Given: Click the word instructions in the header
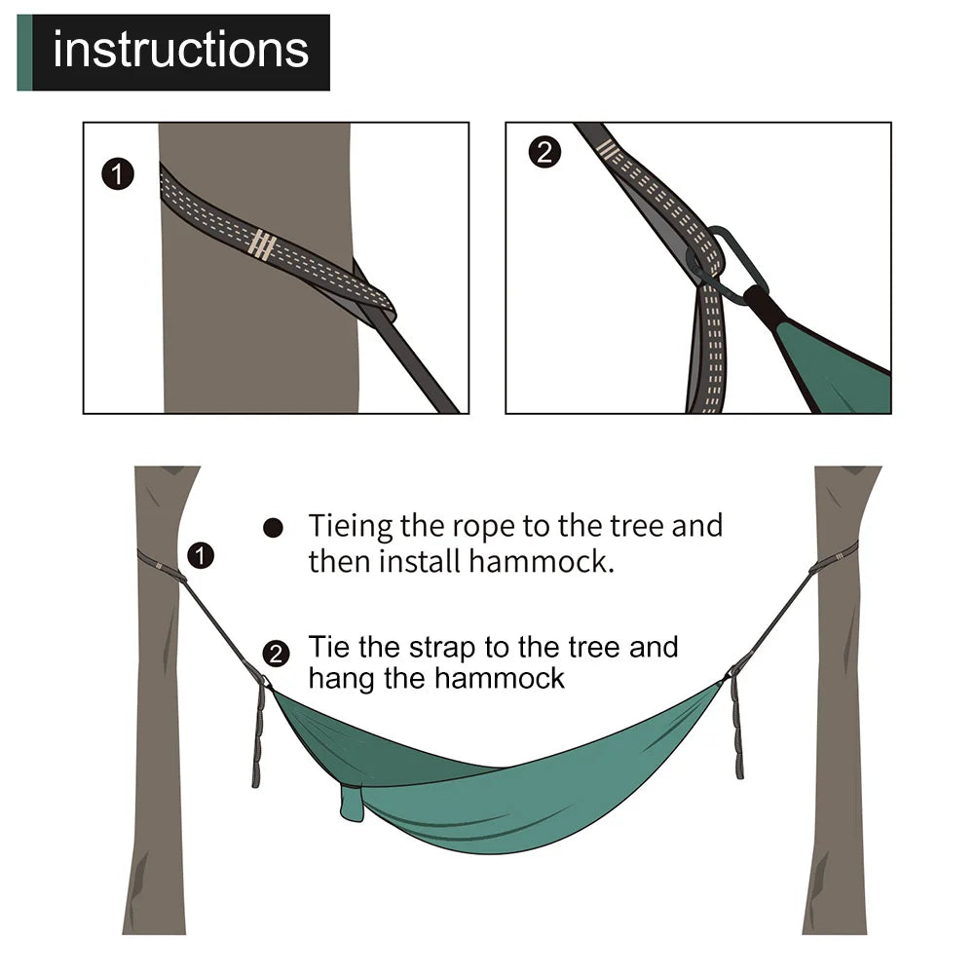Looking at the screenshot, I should pos(180,51).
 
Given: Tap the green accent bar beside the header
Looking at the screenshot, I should pos(24,53).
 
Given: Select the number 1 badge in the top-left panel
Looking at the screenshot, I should pos(118,175).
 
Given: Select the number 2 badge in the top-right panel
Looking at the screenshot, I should pos(544,153).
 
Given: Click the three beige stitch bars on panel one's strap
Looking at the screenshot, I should pos(261,244).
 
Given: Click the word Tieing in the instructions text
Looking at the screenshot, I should pos(351,527).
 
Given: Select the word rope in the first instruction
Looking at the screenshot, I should pos(483,527).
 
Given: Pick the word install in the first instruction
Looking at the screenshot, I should pos(421,562).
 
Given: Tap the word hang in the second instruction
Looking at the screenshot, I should pos(341,679).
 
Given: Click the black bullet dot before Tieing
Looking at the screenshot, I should pos(274,528).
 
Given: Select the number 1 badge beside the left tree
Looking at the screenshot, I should pos(201,556).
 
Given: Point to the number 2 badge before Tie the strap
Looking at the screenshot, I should pos(277,654).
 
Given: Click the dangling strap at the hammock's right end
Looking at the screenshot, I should pos(737,731).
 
